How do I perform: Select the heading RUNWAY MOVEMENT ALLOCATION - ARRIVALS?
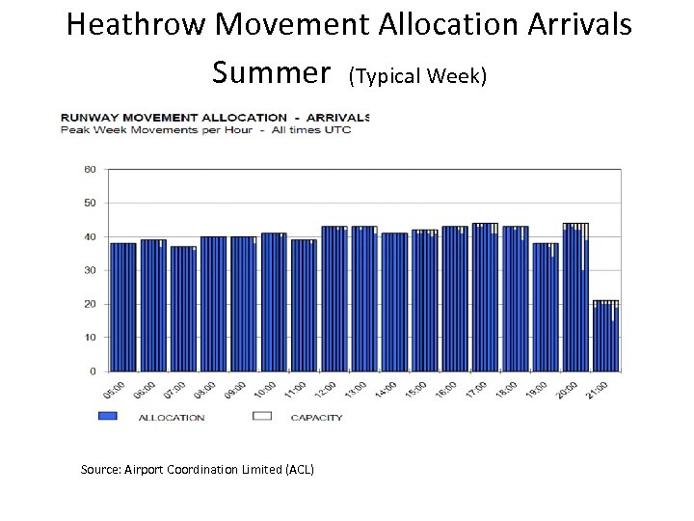pyautogui.click(x=215, y=118)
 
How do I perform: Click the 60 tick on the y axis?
pyautogui.click(x=90, y=169)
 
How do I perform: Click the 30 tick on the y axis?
pyautogui.click(x=90, y=270)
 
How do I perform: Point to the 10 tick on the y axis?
pyautogui.click(x=90, y=338)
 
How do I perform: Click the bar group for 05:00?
pyautogui.click(x=123, y=307)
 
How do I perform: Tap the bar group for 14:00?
pyautogui.click(x=394, y=302)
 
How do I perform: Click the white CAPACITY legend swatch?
pyautogui.click(x=261, y=417)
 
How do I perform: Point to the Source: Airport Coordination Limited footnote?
pyautogui.click(x=197, y=469)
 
